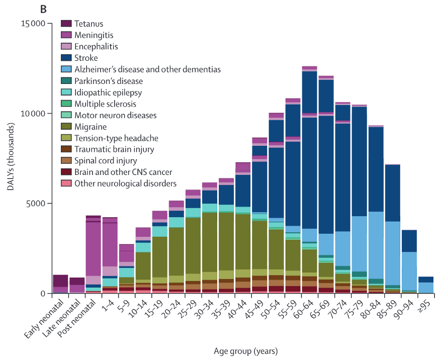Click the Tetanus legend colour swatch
tap(66, 24)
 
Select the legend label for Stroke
tap(86, 58)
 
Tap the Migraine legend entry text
tap(89, 127)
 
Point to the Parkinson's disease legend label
tap(109, 81)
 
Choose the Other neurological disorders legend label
tap(125, 184)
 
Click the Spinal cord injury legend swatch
tap(66, 161)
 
